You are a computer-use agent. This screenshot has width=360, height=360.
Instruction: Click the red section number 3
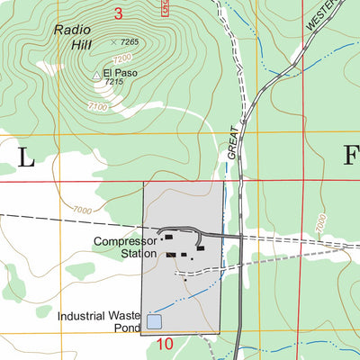point(119,13)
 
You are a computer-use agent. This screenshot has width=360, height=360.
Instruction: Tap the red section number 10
point(164,344)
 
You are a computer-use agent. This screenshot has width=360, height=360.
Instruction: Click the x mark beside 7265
point(113,42)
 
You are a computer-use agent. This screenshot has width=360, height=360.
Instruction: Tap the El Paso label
point(120,72)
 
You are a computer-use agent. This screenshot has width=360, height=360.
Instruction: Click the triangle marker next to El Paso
point(96,76)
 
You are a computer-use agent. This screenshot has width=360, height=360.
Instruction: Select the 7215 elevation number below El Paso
point(113,82)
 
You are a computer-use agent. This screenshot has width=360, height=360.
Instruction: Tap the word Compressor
point(125,241)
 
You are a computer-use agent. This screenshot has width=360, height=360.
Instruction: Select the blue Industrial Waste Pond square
point(154,321)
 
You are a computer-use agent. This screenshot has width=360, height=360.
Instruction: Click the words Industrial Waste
point(98,316)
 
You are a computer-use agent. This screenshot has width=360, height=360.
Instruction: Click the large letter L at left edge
point(24,159)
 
